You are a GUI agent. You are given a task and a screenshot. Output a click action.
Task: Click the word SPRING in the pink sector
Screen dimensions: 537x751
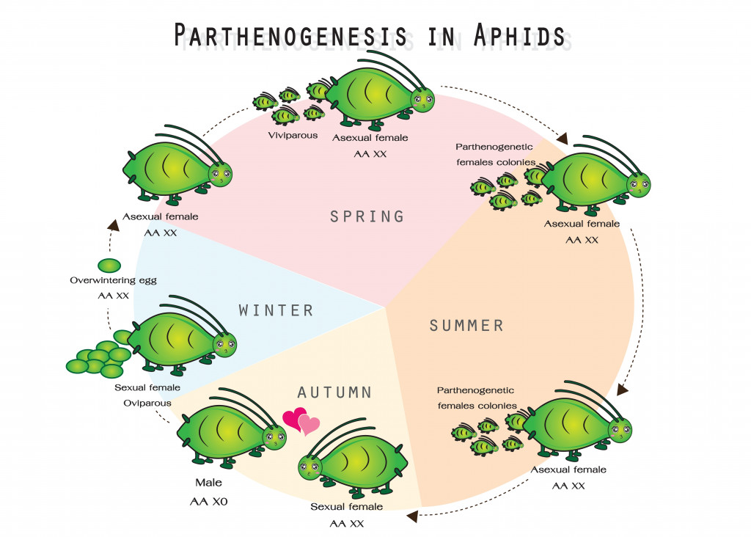pos(367,216)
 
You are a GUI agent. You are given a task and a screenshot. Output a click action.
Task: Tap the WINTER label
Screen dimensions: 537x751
pos(276,310)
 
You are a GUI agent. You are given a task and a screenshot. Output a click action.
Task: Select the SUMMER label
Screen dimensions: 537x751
pos(466,325)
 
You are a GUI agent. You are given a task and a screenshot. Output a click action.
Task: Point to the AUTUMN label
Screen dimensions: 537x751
pos(334,392)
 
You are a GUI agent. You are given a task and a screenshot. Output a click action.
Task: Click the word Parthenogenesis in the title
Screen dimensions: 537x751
pos(291,35)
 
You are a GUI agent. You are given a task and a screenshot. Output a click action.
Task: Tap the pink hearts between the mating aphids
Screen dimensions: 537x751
pos(301,421)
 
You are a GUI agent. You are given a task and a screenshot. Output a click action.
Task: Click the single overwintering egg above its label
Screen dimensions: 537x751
pos(109,265)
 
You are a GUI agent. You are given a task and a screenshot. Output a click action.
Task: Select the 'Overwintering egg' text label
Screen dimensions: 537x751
pos(113,280)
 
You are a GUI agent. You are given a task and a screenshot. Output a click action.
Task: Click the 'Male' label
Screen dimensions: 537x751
pos(208,483)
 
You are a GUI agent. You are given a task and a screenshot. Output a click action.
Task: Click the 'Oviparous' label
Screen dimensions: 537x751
pos(148,403)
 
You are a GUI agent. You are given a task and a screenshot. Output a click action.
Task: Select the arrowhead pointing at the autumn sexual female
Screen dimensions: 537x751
pos(412,516)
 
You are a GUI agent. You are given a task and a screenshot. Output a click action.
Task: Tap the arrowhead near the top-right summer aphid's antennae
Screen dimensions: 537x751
pos(563,138)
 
